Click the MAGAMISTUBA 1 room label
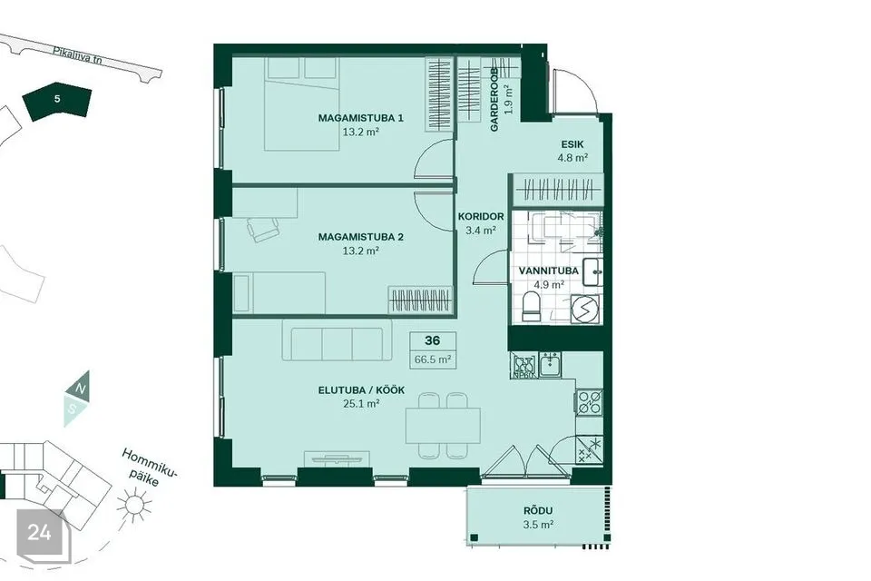[360, 118]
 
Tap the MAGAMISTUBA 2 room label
[360, 237]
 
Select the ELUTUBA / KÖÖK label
[361, 390]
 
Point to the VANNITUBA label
[548, 271]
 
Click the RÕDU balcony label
[538, 510]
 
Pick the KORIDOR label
[481, 217]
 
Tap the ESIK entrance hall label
[573, 144]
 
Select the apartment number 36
[432, 340]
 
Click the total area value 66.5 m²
[432, 359]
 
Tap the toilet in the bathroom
[533, 307]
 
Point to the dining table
[444, 425]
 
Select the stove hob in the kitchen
[590, 401]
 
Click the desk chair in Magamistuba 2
[261, 229]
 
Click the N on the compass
[81, 388]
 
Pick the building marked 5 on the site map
[57, 100]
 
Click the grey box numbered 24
[40, 533]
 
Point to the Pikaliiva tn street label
[78, 56]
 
